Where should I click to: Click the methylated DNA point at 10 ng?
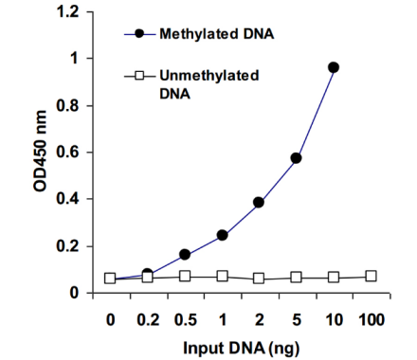[x=334, y=67]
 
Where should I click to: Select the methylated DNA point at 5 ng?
[x=296, y=158]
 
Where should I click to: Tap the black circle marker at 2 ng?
[x=259, y=202]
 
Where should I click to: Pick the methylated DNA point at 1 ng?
[x=223, y=235]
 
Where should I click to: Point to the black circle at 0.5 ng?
[x=185, y=254]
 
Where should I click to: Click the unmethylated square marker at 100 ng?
[x=371, y=277]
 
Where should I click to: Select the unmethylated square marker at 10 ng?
[x=334, y=278]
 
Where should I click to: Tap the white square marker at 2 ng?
[x=259, y=279]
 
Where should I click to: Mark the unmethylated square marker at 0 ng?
[x=110, y=279]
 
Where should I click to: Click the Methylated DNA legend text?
[x=217, y=34]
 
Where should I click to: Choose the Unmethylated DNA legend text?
[x=209, y=84]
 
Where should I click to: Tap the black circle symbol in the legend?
[x=139, y=33]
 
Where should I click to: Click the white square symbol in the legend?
[x=139, y=76]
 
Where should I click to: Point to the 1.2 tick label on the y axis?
[x=66, y=12]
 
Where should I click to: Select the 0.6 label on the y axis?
[x=66, y=153]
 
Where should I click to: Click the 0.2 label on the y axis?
[x=66, y=246]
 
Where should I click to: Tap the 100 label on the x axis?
[x=372, y=320]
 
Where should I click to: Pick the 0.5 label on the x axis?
[x=186, y=320]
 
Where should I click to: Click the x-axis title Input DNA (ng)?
[x=241, y=349]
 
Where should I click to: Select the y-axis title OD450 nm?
[x=40, y=151]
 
